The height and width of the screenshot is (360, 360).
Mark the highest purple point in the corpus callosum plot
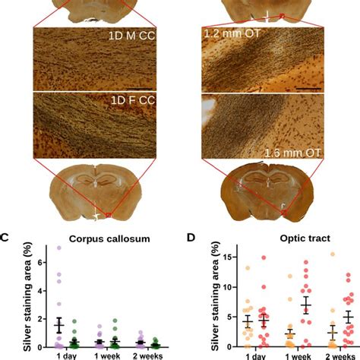pyautogui.click(x=60, y=248)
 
